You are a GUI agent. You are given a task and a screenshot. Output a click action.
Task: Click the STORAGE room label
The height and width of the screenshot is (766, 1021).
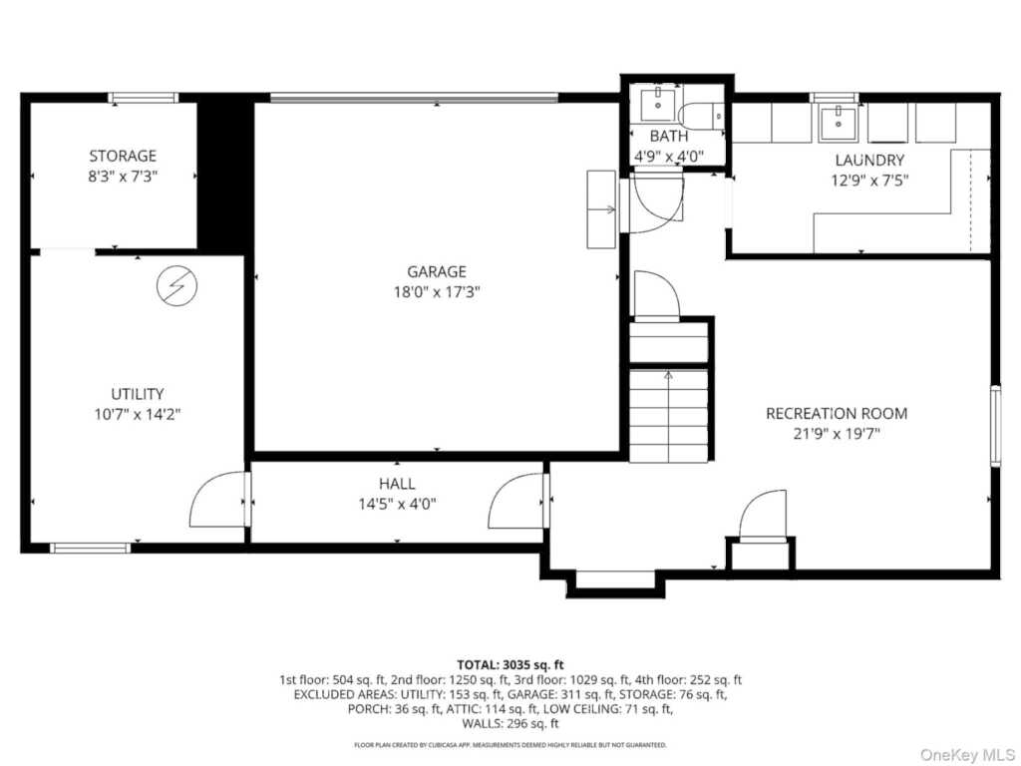(123, 156)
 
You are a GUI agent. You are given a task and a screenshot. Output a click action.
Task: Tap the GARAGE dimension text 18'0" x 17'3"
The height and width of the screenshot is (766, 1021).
(437, 292)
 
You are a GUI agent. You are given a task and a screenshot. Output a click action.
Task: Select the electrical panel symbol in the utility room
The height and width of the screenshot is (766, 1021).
(177, 285)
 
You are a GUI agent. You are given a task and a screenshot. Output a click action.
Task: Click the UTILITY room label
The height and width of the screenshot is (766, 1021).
(137, 393)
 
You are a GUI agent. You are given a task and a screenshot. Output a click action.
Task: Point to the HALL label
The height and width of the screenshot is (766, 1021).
(397, 484)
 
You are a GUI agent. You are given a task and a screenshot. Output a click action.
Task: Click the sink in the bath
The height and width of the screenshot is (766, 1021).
(658, 105)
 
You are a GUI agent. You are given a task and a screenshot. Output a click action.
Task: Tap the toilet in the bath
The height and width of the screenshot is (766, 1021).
(701, 116)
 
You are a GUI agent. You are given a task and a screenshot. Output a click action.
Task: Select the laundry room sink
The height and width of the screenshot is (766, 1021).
(838, 122)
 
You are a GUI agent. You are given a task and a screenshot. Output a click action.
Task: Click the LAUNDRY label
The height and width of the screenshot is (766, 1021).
(869, 160)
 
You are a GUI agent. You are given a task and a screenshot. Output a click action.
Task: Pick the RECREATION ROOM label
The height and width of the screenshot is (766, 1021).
(837, 413)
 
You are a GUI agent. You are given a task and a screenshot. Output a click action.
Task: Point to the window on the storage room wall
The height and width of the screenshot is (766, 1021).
(144, 98)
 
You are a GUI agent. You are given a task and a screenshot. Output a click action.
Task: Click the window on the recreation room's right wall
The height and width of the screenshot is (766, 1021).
(996, 425)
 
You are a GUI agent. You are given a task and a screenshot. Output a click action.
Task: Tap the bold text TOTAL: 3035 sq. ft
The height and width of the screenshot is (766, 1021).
(510, 665)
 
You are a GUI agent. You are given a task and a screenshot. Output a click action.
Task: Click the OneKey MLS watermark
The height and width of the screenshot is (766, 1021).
(966, 755)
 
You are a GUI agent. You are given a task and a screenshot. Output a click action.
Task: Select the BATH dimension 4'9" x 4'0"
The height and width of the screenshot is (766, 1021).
(669, 157)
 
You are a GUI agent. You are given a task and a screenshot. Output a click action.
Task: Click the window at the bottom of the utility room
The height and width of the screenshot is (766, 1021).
(91, 548)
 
